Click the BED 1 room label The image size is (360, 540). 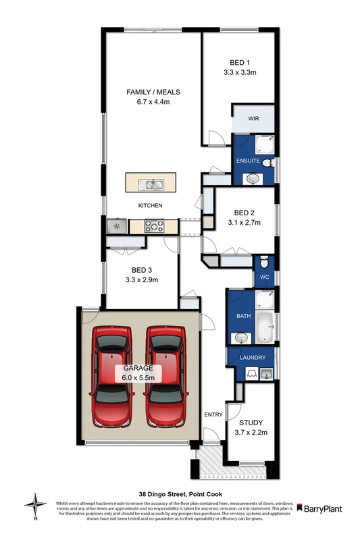238,61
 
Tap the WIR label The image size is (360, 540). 253,118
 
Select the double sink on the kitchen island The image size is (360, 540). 150,184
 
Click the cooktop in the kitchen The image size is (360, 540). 153,227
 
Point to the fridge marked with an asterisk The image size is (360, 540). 116,227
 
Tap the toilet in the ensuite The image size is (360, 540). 268,164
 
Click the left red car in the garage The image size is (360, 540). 112,376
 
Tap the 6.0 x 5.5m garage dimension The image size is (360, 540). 138,377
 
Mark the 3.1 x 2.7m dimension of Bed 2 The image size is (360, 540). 243,222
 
